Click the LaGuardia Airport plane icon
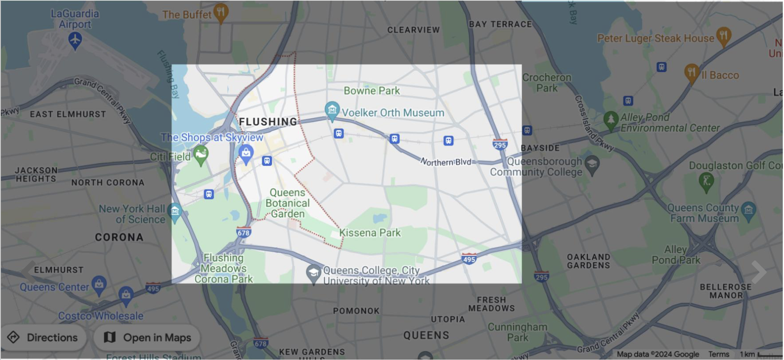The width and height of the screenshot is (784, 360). (75, 40)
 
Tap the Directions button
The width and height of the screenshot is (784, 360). (44, 337)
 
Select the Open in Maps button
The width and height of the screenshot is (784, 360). (147, 337)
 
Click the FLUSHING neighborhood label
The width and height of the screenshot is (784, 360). (268, 122)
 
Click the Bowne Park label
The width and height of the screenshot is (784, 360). (371, 91)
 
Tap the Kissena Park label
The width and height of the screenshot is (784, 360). (370, 233)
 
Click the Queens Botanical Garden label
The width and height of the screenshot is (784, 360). (287, 203)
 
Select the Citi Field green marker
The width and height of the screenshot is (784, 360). (201, 155)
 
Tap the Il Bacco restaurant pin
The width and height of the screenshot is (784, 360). (691, 72)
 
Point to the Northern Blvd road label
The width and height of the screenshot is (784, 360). (446, 162)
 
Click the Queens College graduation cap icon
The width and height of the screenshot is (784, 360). (313, 273)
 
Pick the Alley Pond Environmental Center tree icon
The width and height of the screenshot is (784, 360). (611, 120)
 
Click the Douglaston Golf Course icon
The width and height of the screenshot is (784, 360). (706, 180)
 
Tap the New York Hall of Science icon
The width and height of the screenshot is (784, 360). (175, 212)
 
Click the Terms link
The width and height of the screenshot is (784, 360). (719, 354)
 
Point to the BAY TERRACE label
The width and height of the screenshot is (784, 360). (500, 24)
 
